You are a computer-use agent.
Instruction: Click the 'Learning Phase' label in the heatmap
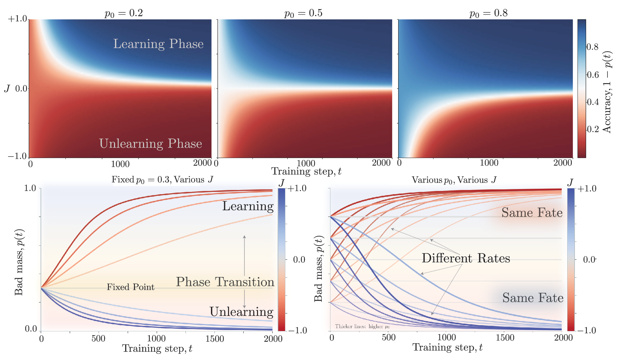pos(158,44)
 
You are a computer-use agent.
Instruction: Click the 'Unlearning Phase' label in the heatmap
pos(150,144)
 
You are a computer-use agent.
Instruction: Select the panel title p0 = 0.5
pos(303,13)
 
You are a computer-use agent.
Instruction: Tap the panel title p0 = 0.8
pos(488,13)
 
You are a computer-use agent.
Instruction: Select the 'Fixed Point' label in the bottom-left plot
pos(130,287)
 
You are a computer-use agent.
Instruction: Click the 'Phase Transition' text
pos(225,282)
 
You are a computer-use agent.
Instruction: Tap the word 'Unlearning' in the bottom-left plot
pos(241,312)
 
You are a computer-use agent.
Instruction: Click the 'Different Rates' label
pos(466,258)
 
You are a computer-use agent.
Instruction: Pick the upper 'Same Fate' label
pos(532,213)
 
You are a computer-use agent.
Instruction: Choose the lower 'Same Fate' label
pos(533,298)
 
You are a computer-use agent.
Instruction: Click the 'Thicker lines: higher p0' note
pos(362,327)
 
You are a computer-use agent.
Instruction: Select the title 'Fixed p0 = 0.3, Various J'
pos(162,180)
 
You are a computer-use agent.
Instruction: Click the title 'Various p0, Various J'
pos(454,180)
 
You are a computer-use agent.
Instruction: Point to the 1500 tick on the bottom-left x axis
pos(215,339)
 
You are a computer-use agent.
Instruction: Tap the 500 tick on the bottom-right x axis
pos(389,337)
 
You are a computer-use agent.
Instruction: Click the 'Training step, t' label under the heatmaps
pos(306,171)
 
